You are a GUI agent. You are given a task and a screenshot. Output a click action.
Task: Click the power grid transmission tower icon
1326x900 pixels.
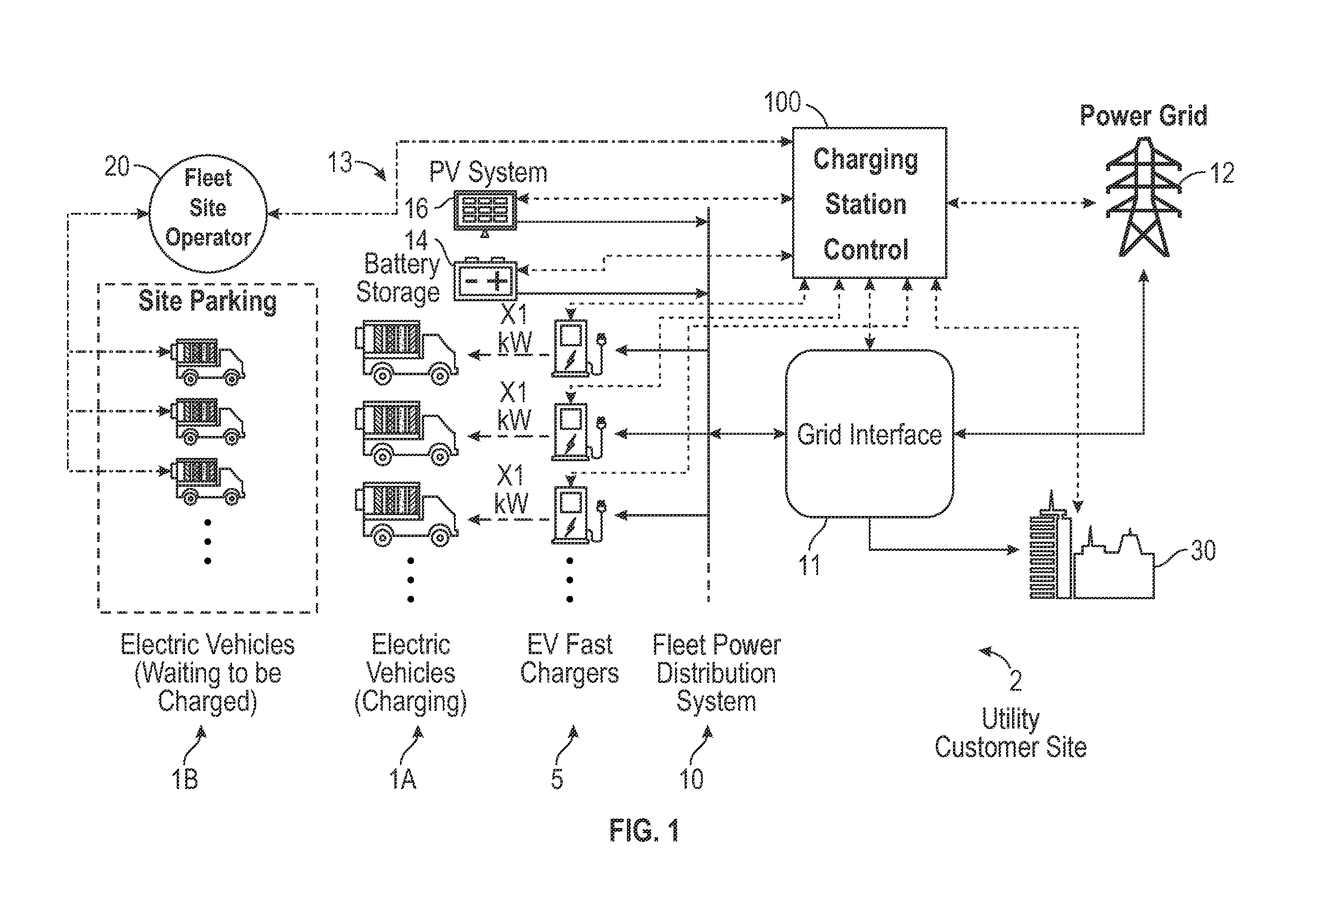click(x=1143, y=197)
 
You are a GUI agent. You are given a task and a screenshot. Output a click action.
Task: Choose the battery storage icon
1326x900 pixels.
click(x=485, y=279)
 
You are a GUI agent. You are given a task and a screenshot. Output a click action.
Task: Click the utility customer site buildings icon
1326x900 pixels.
click(x=1092, y=547)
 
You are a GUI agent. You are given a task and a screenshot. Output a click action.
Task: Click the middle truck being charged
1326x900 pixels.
click(x=406, y=433)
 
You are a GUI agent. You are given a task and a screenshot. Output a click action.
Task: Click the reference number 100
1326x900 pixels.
click(x=782, y=103)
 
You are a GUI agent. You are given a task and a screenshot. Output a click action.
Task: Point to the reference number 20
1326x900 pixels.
click(x=117, y=166)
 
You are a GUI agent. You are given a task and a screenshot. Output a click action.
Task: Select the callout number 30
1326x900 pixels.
click(x=1203, y=551)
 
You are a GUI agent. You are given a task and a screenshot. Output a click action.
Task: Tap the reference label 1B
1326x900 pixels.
click(x=184, y=779)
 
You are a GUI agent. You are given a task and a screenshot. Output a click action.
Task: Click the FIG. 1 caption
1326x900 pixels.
click(x=644, y=830)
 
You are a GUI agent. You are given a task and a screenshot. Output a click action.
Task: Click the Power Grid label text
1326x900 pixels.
click(x=1143, y=116)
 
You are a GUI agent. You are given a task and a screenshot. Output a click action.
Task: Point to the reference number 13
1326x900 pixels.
click(x=340, y=163)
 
